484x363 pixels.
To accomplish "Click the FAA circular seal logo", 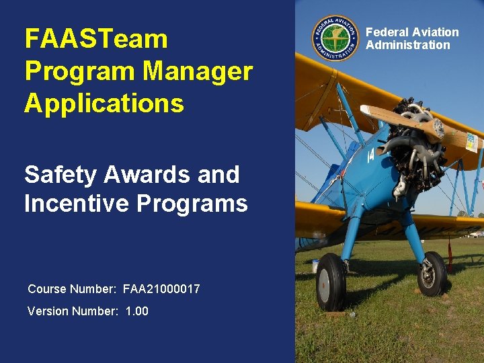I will pos(335,38).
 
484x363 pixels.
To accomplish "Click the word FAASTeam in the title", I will pos(95,38).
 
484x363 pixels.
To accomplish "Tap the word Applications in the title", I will pos(104,104).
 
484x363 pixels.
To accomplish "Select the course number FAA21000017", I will pos(161,289).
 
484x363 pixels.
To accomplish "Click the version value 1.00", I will pos(137,311).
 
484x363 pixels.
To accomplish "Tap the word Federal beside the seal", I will pos(389,32).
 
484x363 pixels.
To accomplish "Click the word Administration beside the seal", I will pos(407,45).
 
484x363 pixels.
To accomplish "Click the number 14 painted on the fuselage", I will pos(371,156).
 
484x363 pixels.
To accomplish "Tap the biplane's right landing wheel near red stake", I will pos(431,274).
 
